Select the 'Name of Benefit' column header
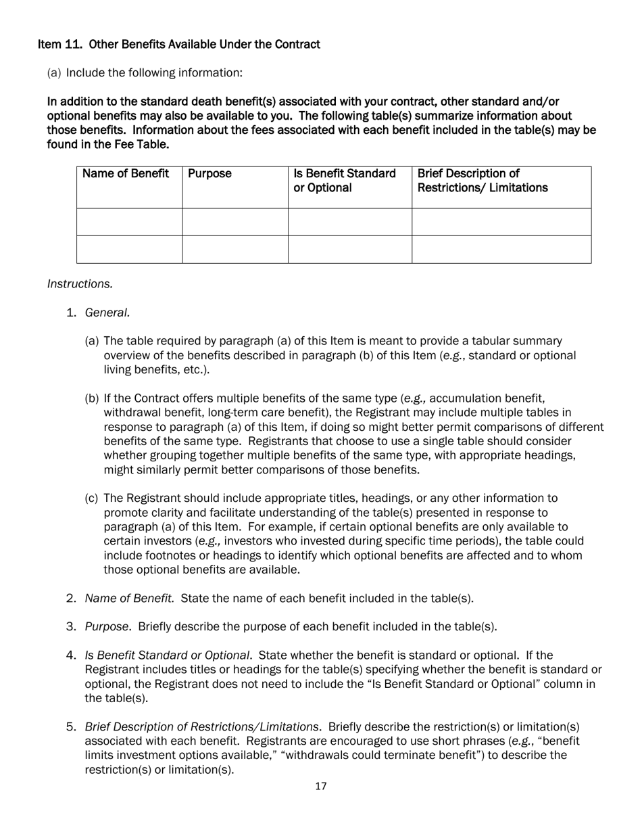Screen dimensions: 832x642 (126, 174)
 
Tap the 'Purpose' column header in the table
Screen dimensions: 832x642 (209, 174)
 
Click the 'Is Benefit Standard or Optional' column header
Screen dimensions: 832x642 (345, 181)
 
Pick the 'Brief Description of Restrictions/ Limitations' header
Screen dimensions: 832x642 (483, 181)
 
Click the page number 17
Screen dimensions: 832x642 (321, 786)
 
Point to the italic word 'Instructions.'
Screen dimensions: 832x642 (80, 284)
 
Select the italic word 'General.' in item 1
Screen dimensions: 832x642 (107, 313)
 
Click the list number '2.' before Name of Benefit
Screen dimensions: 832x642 (71, 598)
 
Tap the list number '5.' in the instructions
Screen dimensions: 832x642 (71, 726)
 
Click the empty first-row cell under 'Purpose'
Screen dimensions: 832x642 (235, 222)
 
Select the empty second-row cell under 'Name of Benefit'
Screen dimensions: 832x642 (129, 249)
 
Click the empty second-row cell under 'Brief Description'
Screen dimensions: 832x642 (501, 249)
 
